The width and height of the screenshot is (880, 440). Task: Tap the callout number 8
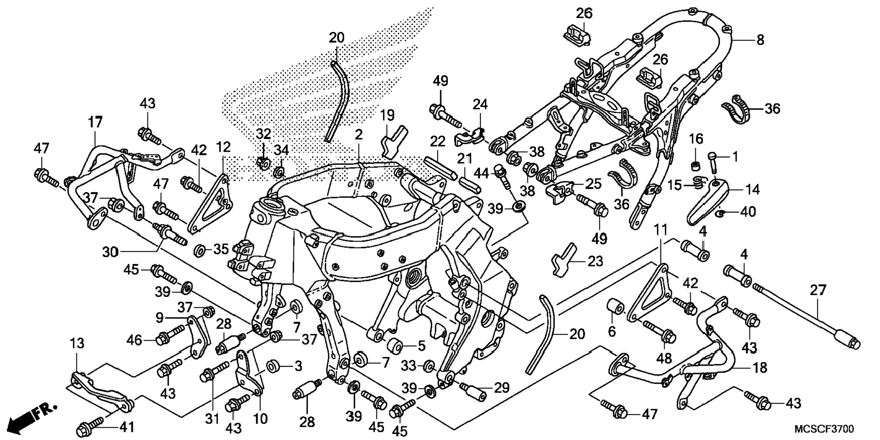[760, 40]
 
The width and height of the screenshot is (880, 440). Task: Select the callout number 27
[818, 290]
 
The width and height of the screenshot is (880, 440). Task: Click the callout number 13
[77, 343]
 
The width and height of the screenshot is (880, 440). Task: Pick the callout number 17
[95, 122]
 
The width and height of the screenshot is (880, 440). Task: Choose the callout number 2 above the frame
[359, 134]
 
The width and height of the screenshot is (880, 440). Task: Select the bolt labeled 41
[93, 427]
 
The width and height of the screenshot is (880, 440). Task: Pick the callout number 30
[110, 252]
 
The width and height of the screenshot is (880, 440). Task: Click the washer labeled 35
[199, 250]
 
